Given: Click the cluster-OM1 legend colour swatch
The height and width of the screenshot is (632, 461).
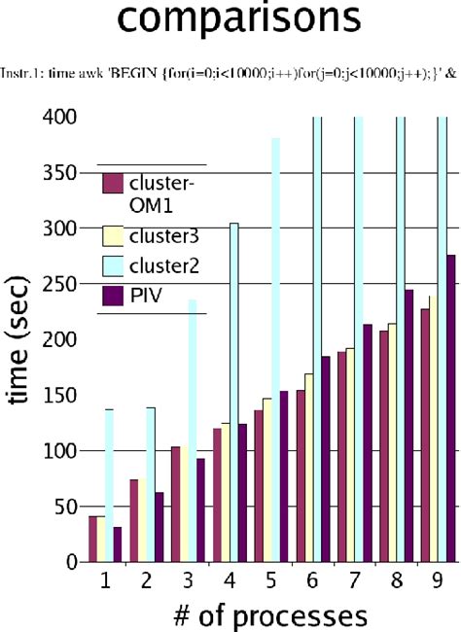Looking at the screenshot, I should point(113,183).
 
